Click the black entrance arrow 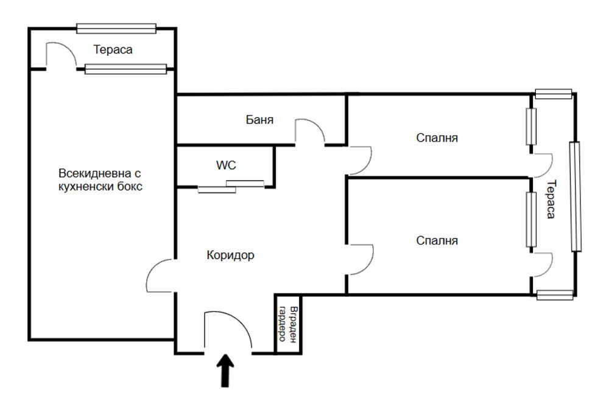[x=225, y=370]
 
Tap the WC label [x=226, y=165]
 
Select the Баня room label [x=259, y=119]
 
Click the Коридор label [x=230, y=255]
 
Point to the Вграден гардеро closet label [x=288, y=324]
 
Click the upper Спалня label [x=437, y=137]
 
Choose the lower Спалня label [x=437, y=240]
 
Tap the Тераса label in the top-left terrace [x=113, y=50]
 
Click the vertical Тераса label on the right [x=551, y=200]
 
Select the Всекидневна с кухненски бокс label [x=100, y=179]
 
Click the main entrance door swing [x=228, y=329]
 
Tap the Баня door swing [x=309, y=131]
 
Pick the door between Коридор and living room [x=161, y=276]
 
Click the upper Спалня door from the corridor [x=360, y=161]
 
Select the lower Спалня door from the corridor [x=361, y=260]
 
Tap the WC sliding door [x=231, y=187]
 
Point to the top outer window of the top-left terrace [x=116, y=29]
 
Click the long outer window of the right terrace [x=576, y=196]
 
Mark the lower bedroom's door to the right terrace [x=542, y=265]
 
